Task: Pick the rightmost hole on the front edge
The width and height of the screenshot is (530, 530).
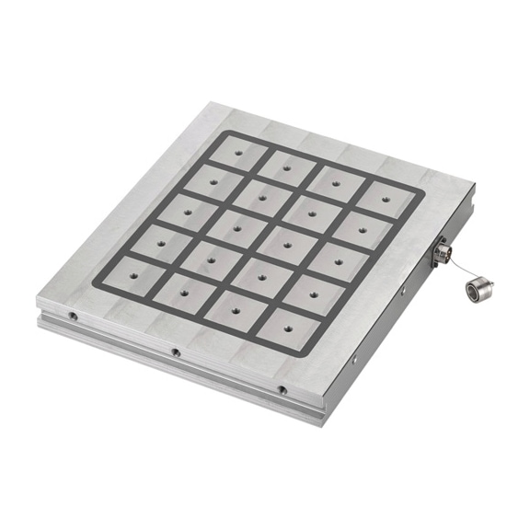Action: coord(282,390)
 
